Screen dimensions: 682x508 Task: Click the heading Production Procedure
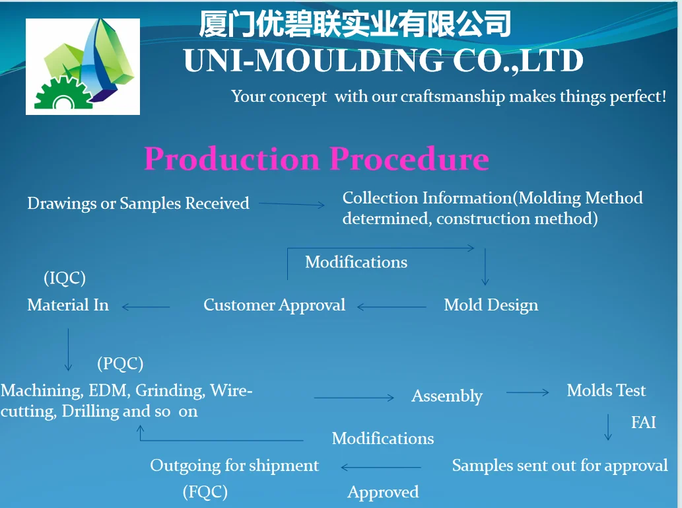click(x=316, y=159)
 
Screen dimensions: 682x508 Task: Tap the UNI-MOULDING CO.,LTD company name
click(x=383, y=61)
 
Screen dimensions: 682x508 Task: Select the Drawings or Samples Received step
click(x=138, y=203)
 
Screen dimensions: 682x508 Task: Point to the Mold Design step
click(x=491, y=305)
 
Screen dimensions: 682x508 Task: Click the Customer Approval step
click(x=274, y=305)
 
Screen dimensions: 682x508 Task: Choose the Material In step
click(x=68, y=305)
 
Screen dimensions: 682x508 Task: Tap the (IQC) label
click(x=65, y=278)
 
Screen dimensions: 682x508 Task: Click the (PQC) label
click(x=120, y=363)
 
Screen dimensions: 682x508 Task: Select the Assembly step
click(x=447, y=396)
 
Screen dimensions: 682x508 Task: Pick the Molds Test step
click(x=606, y=390)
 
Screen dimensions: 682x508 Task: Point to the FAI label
click(x=643, y=423)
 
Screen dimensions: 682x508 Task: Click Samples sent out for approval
click(x=560, y=466)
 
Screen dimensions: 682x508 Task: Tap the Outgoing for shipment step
click(x=234, y=466)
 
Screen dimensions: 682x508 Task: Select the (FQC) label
click(x=205, y=492)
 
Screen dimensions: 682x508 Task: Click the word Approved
click(x=383, y=492)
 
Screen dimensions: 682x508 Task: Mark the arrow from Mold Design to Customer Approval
click(x=392, y=307)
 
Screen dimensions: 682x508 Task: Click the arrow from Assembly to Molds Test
click(x=528, y=392)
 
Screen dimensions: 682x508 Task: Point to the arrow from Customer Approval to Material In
click(x=146, y=307)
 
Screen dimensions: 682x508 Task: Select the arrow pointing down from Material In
click(x=69, y=350)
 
